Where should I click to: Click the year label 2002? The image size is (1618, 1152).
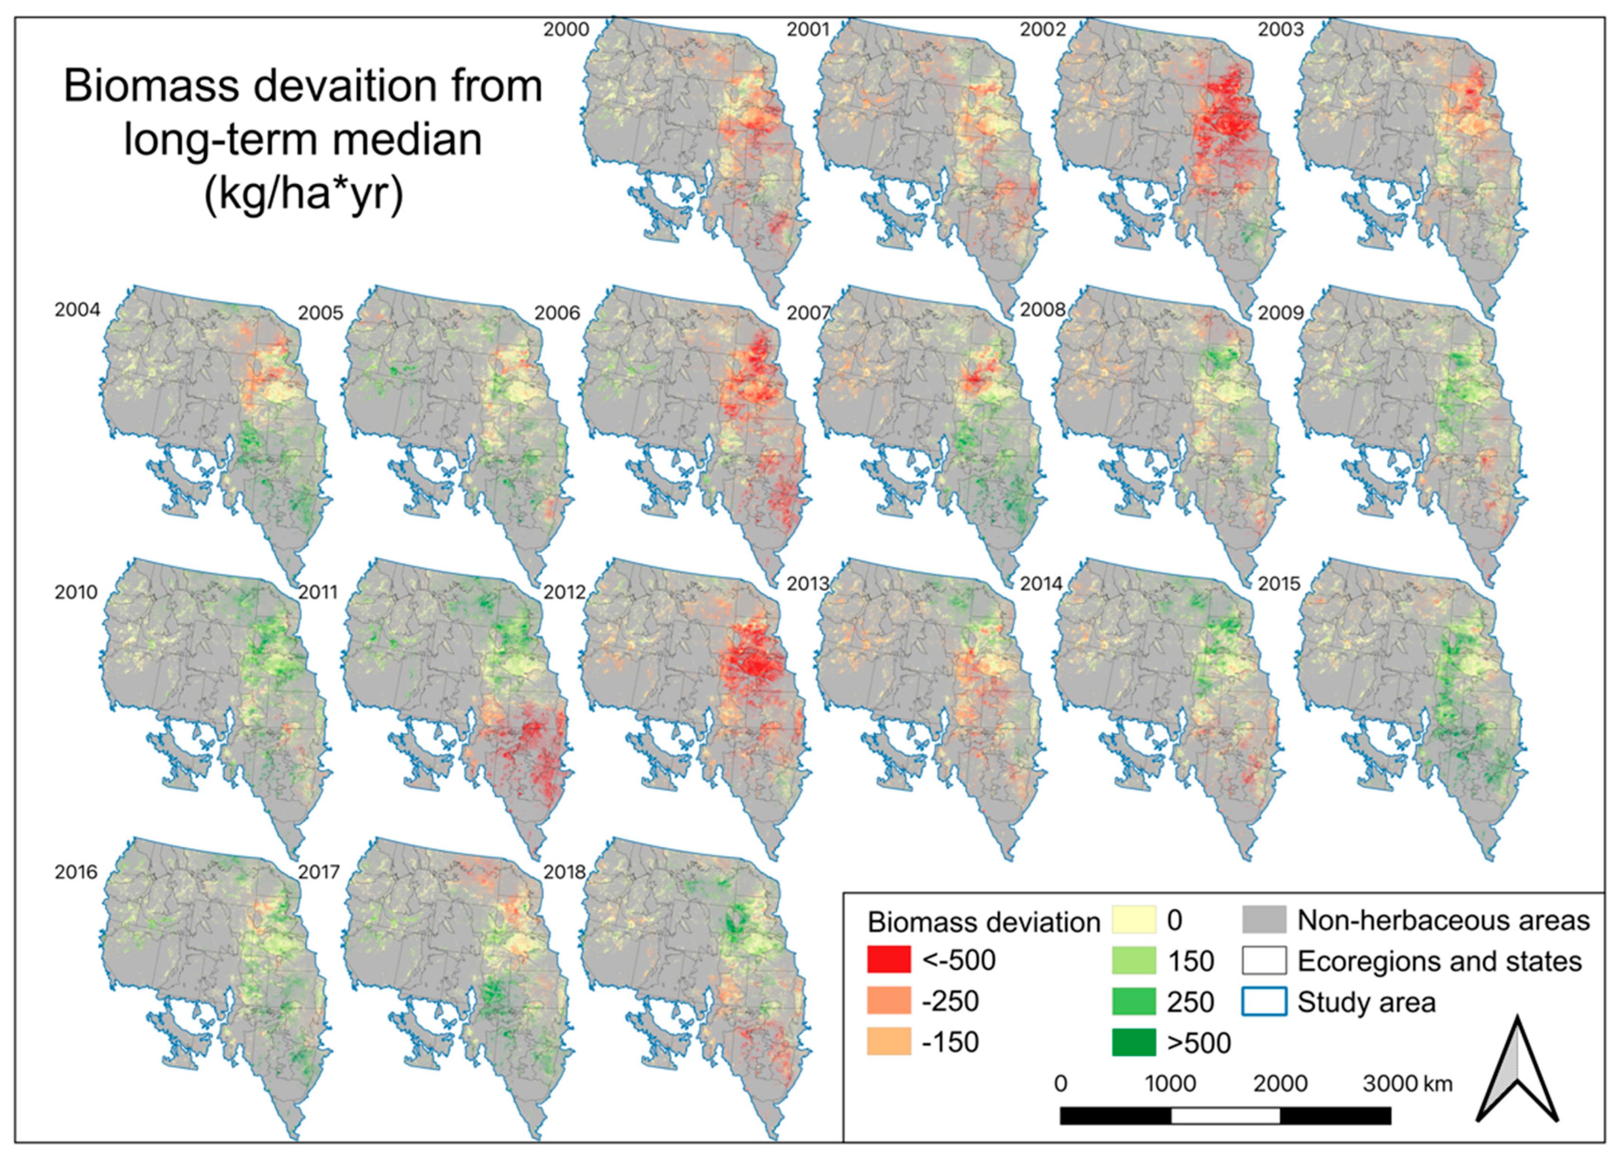pos(1043,30)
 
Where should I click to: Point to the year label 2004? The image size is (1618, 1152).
pos(77,310)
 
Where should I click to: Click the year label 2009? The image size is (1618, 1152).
pos(1280,313)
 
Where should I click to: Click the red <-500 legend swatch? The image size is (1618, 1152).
pos(888,960)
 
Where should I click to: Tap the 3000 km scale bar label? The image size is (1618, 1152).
pos(1407,1083)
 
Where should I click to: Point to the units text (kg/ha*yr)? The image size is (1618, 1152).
pos(303,193)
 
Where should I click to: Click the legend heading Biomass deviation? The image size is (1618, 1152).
pos(983,922)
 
